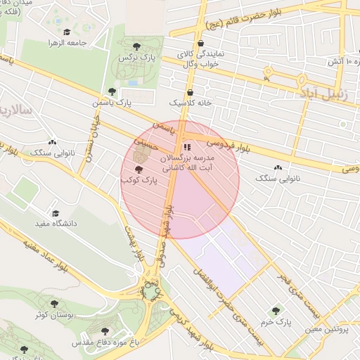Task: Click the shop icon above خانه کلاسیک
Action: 191,91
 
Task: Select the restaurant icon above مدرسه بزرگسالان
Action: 187,147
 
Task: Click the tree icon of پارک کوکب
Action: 138,169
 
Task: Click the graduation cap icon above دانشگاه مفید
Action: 55,213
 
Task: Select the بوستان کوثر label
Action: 50,314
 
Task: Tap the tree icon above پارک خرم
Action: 276,311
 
